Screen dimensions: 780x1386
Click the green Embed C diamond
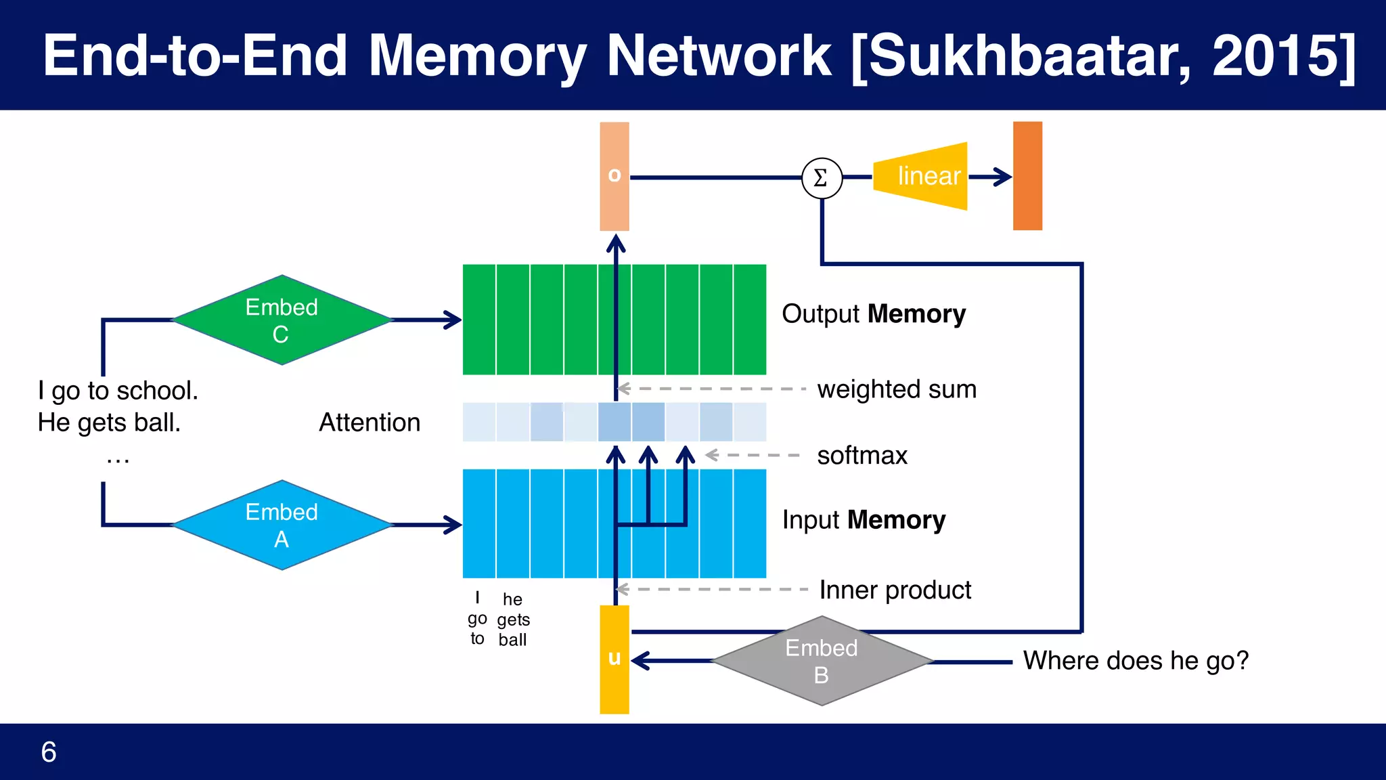282,320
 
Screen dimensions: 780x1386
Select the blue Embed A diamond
282,525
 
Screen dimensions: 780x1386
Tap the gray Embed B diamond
822,662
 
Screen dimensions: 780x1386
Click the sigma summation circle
822,178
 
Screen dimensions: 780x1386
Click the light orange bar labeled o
614,176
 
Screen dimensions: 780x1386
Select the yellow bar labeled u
614,659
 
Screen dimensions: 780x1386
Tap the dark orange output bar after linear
1027,176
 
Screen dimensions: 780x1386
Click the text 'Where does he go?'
1136,661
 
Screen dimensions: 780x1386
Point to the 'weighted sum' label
897,389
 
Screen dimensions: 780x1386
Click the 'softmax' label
862,456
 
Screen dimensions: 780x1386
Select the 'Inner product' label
895,590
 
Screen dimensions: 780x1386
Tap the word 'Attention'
370,422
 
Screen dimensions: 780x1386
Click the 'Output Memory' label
873,314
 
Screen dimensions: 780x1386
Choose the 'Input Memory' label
864,520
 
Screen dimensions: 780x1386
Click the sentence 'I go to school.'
118,391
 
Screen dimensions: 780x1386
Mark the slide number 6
49,752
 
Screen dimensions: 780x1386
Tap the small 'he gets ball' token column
513,620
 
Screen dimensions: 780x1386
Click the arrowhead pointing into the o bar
615,242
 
